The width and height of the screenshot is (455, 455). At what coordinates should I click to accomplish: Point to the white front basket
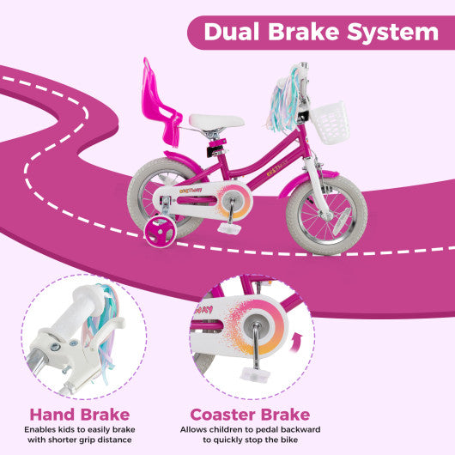(329, 122)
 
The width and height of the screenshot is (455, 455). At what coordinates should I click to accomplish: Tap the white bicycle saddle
(215, 123)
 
